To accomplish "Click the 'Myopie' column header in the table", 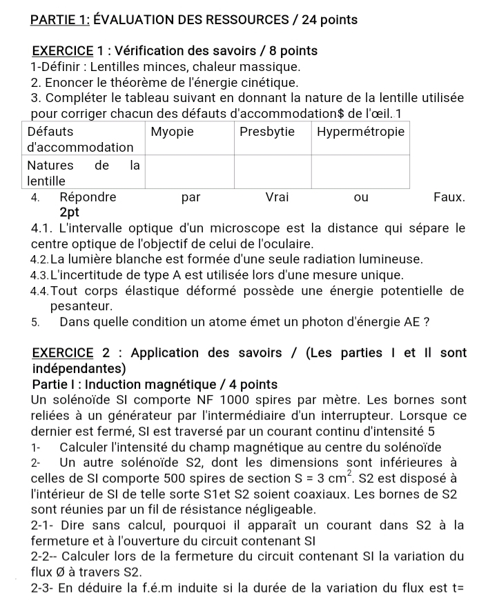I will [x=173, y=132].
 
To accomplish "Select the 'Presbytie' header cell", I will [x=266, y=132].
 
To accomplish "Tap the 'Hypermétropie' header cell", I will [x=360, y=132].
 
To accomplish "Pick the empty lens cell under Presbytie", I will [x=273, y=172].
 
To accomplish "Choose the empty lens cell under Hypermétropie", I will [x=361, y=172].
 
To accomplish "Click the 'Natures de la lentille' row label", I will [x=83, y=172].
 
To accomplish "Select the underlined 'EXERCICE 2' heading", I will [x=66, y=353].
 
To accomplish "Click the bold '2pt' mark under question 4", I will [x=71, y=213].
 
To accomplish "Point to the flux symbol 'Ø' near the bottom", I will [x=58, y=572].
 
